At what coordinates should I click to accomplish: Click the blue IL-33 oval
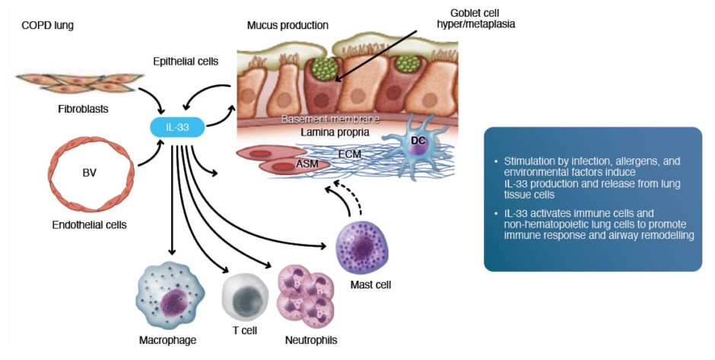(x=177, y=127)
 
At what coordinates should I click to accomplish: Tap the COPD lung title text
(x=47, y=25)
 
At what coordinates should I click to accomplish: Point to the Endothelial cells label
(x=90, y=225)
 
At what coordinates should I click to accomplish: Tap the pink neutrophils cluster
(x=306, y=296)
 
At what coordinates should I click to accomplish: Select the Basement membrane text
(x=330, y=119)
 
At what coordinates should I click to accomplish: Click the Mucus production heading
(x=288, y=25)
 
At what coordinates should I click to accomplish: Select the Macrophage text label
(x=167, y=339)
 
